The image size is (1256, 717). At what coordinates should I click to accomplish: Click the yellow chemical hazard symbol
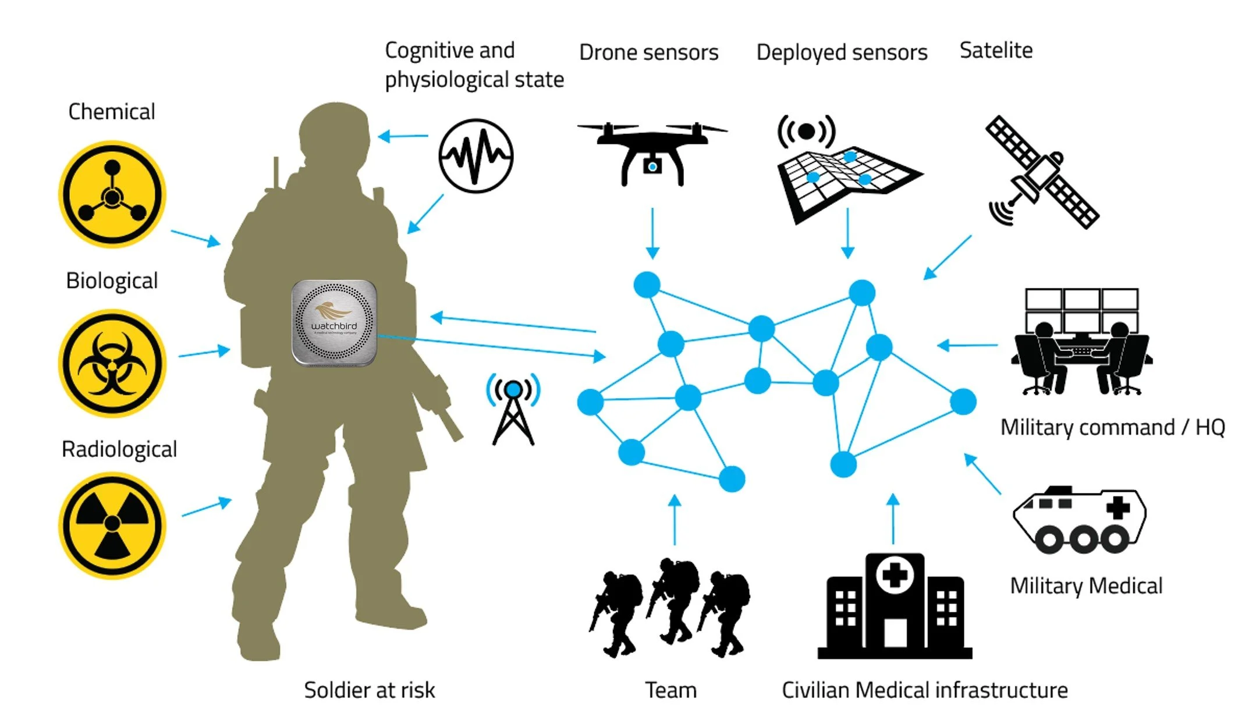pyautogui.click(x=112, y=194)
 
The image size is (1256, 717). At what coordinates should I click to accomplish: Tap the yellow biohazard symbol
pyautogui.click(x=112, y=363)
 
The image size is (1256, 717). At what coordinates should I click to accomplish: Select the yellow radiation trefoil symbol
pyautogui.click(x=112, y=526)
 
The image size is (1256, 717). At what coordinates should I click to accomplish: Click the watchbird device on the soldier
pyautogui.click(x=334, y=323)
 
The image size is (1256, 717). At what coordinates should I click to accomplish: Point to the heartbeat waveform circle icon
pyautogui.click(x=476, y=156)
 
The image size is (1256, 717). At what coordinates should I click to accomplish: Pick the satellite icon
pyautogui.click(x=1042, y=172)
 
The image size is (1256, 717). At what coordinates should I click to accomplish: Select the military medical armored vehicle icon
pyautogui.click(x=1080, y=520)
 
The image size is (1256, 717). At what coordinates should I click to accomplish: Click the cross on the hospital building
pyautogui.click(x=895, y=576)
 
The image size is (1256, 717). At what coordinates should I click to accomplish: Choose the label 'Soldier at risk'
pyautogui.click(x=369, y=690)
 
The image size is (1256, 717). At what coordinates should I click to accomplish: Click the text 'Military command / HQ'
pyautogui.click(x=1112, y=428)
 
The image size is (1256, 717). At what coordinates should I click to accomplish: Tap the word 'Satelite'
pyautogui.click(x=996, y=51)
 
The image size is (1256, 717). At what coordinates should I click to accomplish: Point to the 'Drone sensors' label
pyautogui.click(x=648, y=52)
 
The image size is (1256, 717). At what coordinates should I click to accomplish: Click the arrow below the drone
pyautogui.click(x=652, y=233)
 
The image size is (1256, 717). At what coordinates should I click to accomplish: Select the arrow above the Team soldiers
pyautogui.click(x=675, y=520)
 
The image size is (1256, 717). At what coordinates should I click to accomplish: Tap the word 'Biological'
pyautogui.click(x=112, y=281)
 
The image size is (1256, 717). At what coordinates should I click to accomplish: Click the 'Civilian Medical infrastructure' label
pyautogui.click(x=924, y=690)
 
